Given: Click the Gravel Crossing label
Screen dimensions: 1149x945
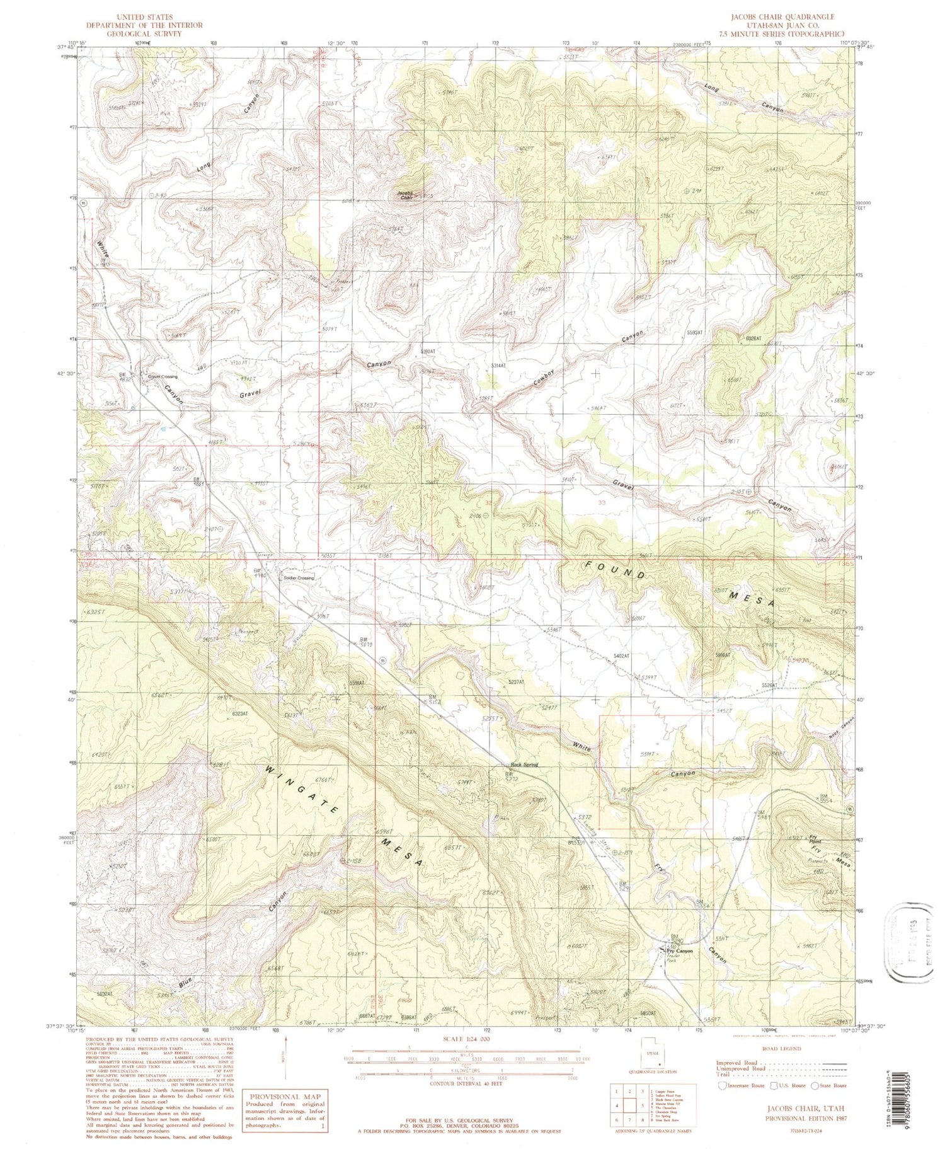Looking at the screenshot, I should [x=163, y=377].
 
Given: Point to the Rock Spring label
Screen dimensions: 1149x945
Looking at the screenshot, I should [x=524, y=765].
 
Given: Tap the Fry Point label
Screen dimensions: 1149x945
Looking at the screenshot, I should [x=815, y=840].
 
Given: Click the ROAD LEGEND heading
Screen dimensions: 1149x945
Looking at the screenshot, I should [x=780, y=1049].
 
